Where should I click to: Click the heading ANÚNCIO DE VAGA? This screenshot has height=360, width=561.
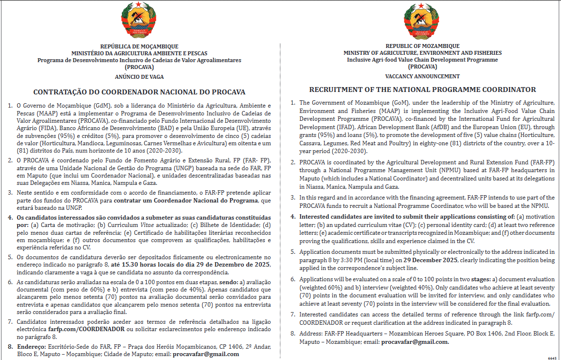(x=140, y=77)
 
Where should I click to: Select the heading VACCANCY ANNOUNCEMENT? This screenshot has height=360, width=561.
(x=422, y=76)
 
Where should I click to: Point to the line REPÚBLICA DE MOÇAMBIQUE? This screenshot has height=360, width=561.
(x=139, y=46)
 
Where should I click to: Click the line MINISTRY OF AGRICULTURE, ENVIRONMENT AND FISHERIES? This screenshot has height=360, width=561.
(x=422, y=53)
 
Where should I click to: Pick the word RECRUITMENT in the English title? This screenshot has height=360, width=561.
(x=334, y=90)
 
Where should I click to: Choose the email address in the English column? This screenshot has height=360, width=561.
(x=415, y=342)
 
